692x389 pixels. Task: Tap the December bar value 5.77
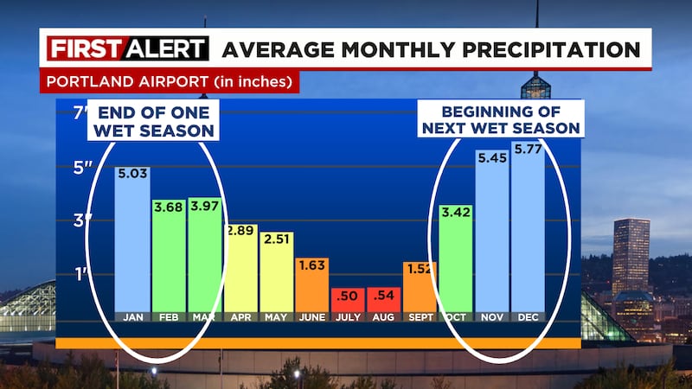[528, 150]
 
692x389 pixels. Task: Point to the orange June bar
[311, 285]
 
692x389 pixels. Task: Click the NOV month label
[492, 316]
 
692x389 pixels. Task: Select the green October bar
[456, 259]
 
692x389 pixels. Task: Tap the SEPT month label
[419, 316]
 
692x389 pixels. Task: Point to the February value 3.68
[169, 209]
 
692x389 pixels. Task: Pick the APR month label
[240, 316]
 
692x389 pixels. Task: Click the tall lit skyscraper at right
[630, 255]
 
